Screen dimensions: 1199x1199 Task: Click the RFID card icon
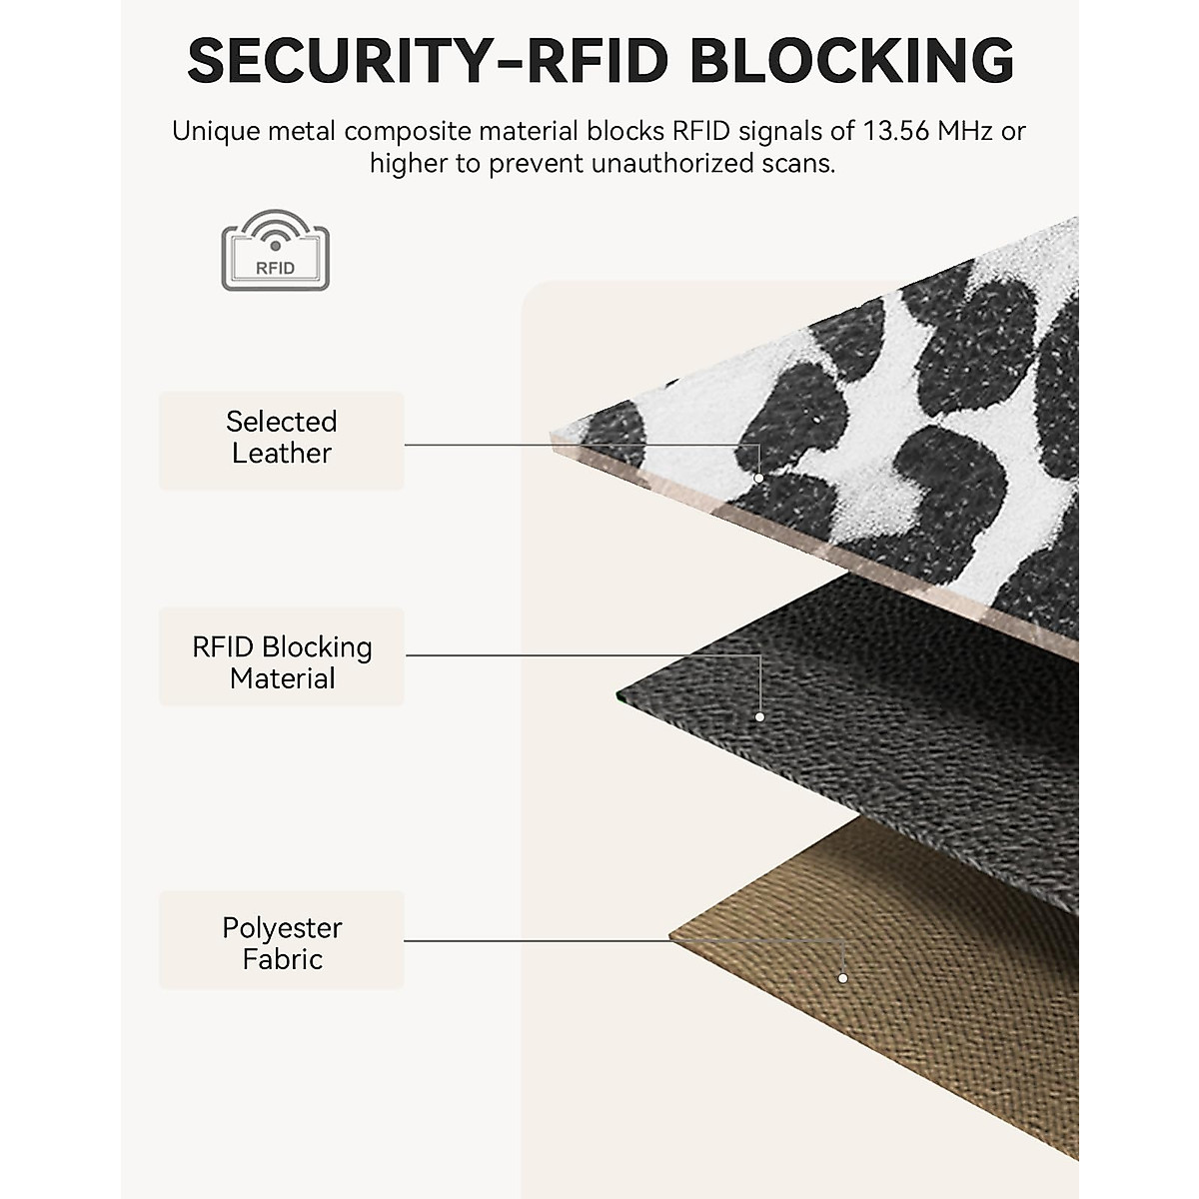(275, 251)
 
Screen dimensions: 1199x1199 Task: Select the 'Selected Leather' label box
(282, 440)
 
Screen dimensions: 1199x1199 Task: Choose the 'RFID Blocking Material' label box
(282, 657)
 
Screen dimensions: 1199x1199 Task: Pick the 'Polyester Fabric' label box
(282, 940)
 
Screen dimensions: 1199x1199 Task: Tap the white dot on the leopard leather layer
(758, 478)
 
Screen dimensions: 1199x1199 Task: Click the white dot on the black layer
(759, 716)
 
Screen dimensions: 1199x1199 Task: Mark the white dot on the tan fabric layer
(843, 978)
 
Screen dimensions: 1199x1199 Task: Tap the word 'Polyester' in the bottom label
(282, 928)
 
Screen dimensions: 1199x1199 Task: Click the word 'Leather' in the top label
(282, 454)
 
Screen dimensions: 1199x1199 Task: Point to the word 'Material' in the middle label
(282, 679)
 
